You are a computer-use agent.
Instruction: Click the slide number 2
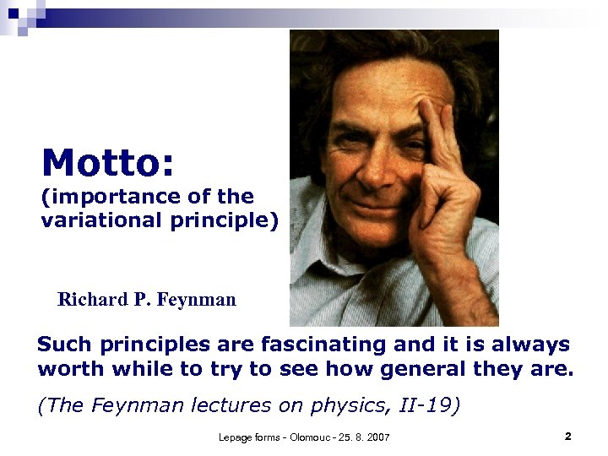[567, 437]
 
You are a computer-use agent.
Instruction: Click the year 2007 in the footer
[375, 437]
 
